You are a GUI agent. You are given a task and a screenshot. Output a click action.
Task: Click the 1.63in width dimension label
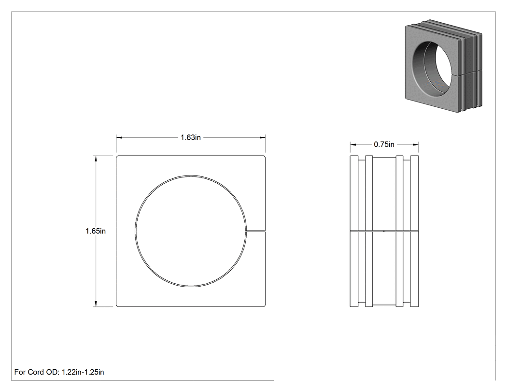190,138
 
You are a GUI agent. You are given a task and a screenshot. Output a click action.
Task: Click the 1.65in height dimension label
96,231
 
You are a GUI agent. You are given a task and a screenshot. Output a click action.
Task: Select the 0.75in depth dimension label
384,145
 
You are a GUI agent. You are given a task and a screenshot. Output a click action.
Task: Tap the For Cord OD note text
59,372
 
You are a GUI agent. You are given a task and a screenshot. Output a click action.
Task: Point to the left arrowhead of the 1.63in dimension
119,138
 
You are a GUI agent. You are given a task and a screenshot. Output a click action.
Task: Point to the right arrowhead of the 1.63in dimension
263,138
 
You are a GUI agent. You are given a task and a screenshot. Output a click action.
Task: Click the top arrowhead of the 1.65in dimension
96,159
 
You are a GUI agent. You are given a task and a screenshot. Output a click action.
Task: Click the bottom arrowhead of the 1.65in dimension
96,304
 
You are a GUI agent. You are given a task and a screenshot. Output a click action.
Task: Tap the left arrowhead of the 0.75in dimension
353,145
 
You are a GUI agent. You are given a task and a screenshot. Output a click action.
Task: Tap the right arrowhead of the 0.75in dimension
416,145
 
